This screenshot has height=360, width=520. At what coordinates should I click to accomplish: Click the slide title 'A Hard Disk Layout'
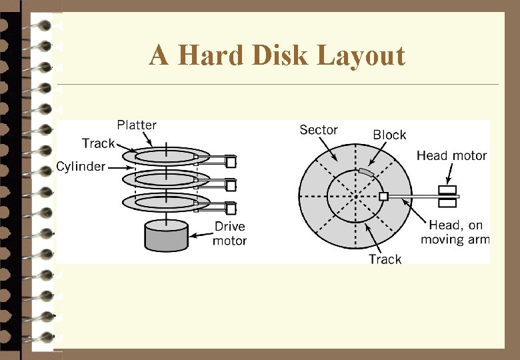(x=277, y=55)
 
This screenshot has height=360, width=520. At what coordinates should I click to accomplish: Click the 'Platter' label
(x=137, y=125)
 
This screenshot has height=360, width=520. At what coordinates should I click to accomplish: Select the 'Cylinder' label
(x=81, y=167)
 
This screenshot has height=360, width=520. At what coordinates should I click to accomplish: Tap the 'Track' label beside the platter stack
(x=98, y=143)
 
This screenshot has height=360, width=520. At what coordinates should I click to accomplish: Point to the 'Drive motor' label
(x=230, y=233)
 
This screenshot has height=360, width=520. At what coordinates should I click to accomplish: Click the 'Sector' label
(x=319, y=130)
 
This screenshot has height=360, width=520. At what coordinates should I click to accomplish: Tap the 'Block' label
(x=389, y=135)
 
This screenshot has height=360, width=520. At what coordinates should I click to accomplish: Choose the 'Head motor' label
(x=451, y=156)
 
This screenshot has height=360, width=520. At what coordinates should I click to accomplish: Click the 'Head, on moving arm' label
(x=455, y=233)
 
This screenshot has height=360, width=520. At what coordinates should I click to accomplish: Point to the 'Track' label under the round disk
(x=385, y=259)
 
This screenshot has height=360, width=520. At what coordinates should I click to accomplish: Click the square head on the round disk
(x=383, y=197)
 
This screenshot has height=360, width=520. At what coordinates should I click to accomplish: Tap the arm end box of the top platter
(x=231, y=161)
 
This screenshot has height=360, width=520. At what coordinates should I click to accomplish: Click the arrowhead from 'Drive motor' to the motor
(x=191, y=235)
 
